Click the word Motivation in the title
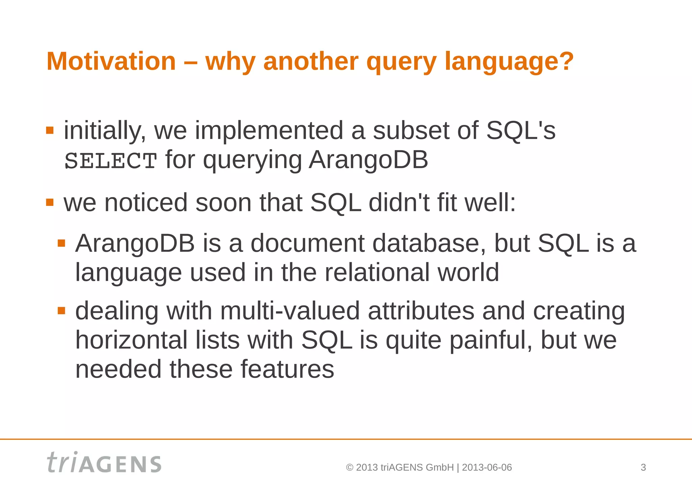point(111,61)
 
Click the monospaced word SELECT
point(110,161)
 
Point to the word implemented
point(269,131)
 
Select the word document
point(307,243)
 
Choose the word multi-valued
point(290,311)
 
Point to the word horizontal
point(131,340)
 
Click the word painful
point(491,341)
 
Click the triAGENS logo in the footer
point(104,462)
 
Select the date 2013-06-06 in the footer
point(487,467)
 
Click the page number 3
point(643,467)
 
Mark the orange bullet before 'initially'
point(50,130)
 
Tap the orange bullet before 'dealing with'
point(61,311)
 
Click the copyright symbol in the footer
point(350,467)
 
